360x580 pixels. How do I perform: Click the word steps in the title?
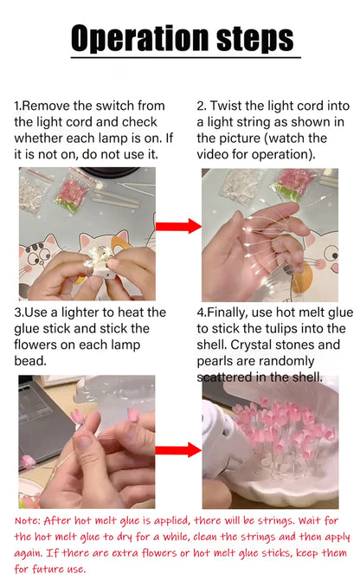point(255,38)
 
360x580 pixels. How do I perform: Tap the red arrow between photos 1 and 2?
point(178,226)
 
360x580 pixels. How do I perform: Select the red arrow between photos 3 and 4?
point(178,450)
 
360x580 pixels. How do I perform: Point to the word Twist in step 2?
point(226,106)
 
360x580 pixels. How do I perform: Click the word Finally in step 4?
point(228,313)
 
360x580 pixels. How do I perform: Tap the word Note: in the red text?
point(28,521)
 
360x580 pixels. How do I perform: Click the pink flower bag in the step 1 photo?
point(74,191)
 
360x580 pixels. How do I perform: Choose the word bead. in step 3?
point(30,361)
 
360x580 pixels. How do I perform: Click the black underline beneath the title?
point(186,57)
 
